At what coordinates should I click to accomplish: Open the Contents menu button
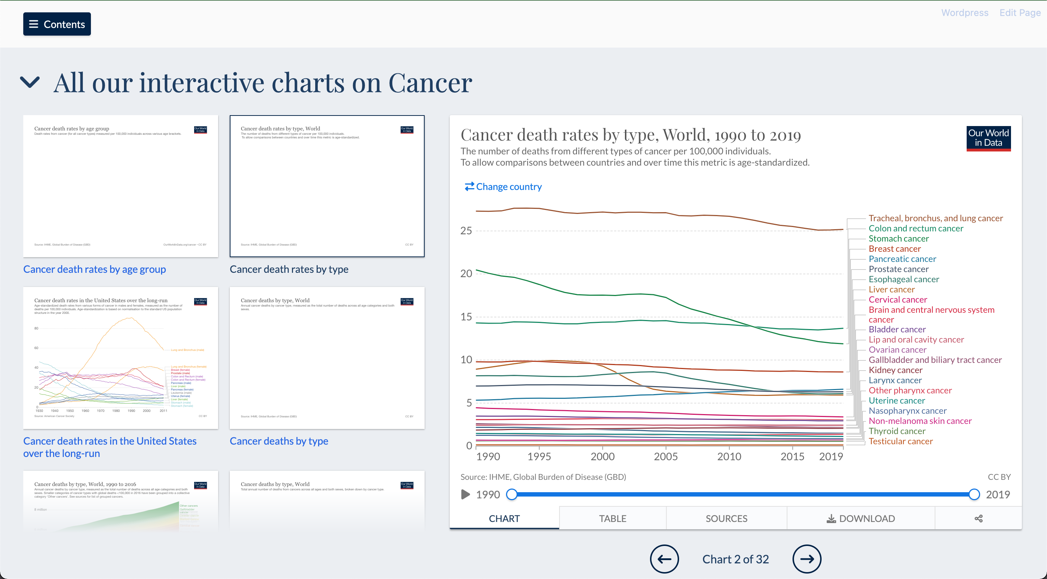57,24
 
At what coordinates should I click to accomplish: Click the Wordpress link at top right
964,13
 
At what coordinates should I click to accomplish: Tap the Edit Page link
1020,13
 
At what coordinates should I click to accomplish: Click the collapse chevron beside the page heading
30,82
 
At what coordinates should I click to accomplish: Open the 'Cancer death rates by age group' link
94,269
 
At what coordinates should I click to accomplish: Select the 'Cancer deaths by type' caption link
279,441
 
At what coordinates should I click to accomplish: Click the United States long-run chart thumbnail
120,358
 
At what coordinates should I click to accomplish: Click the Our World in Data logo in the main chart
988,138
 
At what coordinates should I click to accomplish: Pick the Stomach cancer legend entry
898,239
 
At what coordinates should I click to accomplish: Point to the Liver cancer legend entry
891,289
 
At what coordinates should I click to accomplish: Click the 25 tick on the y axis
466,231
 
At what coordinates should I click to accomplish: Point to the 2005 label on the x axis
665,456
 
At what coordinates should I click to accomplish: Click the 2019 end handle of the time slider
974,494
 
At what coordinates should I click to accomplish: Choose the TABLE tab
612,518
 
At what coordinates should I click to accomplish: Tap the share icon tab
978,518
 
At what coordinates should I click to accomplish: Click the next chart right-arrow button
806,559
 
